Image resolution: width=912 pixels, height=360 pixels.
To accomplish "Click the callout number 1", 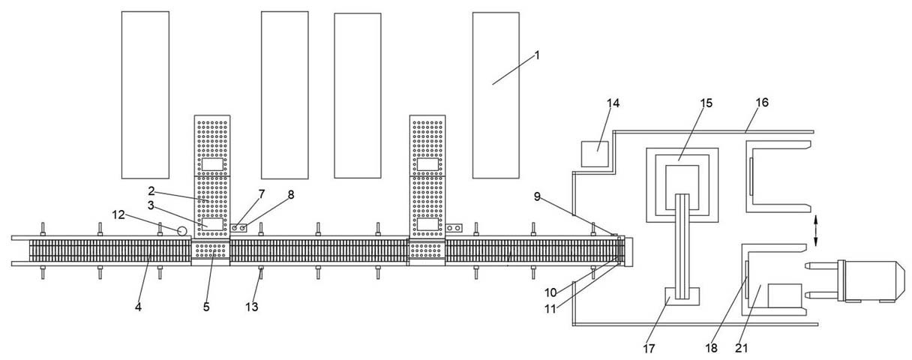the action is [537, 55].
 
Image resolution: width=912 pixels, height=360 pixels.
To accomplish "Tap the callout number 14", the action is [613, 103].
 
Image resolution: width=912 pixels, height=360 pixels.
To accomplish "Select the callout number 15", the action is [706, 103].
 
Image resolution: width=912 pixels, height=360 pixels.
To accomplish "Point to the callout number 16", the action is [762, 103].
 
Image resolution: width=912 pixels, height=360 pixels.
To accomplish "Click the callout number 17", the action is [649, 349].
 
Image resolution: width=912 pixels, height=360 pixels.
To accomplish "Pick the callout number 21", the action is [742, 348].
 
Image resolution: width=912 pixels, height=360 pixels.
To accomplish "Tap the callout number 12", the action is [118, 215].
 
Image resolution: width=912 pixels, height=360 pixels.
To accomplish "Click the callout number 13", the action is [251, 307].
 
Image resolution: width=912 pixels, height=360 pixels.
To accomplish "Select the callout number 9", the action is [537, 197].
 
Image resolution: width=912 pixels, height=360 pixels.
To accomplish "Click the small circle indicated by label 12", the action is [182, 231].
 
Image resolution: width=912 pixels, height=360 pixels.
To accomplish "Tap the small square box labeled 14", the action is [595, 154].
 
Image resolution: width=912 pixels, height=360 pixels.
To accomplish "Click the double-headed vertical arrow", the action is [815, 231].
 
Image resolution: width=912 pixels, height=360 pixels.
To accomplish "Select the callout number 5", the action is [206, 307].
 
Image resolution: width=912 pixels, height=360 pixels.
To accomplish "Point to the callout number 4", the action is [139, 307].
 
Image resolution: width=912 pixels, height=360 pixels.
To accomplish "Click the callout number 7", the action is [262, 194].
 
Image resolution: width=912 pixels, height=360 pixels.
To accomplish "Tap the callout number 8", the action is [291, 195].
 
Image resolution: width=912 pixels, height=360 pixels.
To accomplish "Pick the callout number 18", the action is [711, 348].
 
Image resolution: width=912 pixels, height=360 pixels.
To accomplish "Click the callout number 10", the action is [550, 292].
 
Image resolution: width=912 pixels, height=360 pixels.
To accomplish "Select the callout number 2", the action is [151, 191].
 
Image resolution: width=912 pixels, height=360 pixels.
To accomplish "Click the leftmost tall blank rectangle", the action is [145, 95].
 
